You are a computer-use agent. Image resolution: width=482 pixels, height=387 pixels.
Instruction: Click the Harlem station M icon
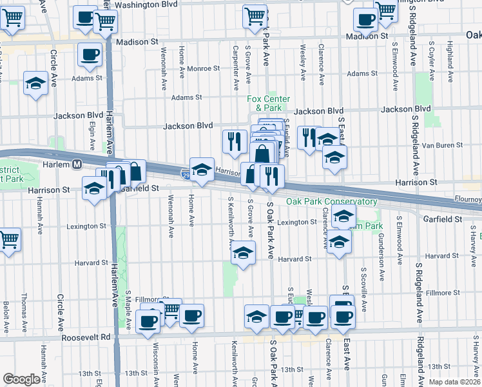pyautogui.click(x=77, y=164)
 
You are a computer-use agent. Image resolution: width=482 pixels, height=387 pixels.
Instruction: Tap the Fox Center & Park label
pyautogui.click(x=268, y=103)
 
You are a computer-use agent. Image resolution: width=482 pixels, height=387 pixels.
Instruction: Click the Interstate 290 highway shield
pyautogui.click(x=186, y=174)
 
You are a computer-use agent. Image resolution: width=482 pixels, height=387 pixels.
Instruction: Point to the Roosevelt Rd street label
pyautogui.click(x=88, y=337)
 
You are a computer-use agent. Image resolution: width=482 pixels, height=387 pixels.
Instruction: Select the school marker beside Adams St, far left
pyautogui.click(x=35, y=83)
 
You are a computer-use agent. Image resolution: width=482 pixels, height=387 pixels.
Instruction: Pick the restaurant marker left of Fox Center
pyautogui.click(x=235, y=141)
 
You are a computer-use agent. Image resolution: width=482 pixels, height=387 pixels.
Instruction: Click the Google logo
pyautogui.click(x=21, y=379)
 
